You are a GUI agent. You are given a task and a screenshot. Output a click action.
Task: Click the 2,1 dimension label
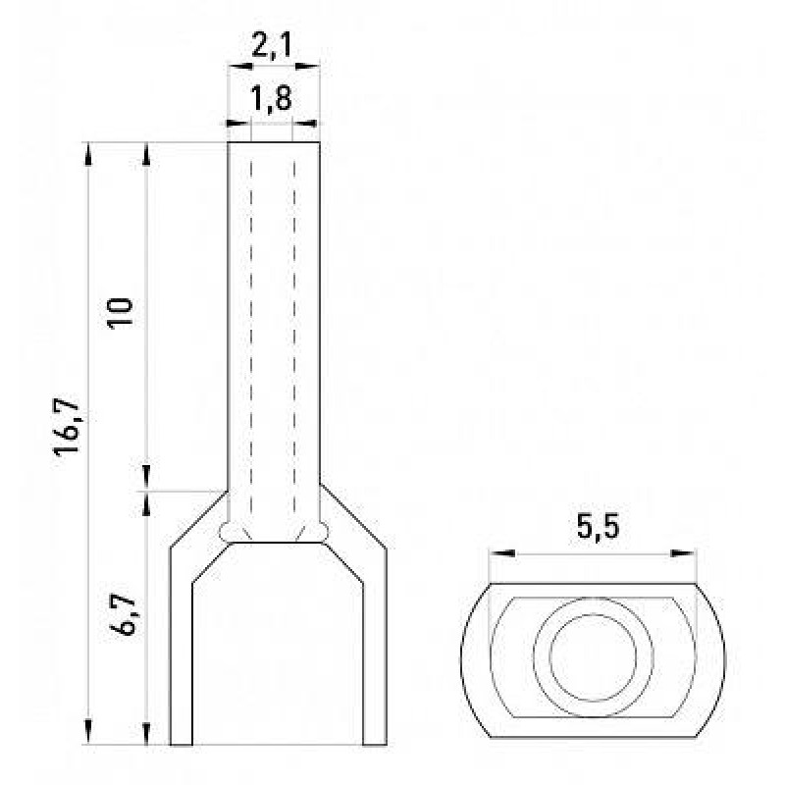pyautogui.click(x=271, y=46)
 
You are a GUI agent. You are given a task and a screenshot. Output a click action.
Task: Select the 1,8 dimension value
pyautogui.click(x=271, y=98)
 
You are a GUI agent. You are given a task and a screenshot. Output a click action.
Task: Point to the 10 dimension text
pyautogui.click(x=121, y=313)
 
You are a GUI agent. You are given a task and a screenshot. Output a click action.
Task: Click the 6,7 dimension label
pyautogui.click(x=123, y=614)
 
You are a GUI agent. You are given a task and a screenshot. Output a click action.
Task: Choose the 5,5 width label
pyautogui.click(x=598, y=526)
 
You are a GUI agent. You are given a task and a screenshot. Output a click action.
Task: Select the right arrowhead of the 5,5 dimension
pyautogui.click(x=683, y=553)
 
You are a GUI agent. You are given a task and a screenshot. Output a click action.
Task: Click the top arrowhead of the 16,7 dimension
pyautogui.click(x=88, y=154)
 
